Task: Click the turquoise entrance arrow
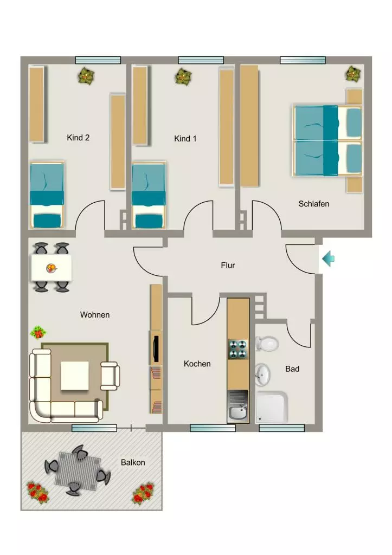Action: pos(328,259)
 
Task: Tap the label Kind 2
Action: pos(78,138)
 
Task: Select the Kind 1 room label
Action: pos(185,139)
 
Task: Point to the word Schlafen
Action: pos(314,204)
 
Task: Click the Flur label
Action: pos(228,265)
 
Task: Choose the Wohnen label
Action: pos(95,315)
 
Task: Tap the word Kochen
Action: pos(197,364)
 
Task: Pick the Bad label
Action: pos(292,369)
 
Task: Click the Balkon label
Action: pos(133,462)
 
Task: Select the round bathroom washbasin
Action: pos(262,375)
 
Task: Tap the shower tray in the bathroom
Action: pos(271,407)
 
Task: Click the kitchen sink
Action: pos(238,406)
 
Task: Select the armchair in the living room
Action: pos(110,376)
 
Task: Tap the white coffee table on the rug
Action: pos(75,376)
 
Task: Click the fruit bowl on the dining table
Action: pos(52,268)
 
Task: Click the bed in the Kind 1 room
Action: pos(149,195)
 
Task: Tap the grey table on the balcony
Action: pos(78,471)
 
